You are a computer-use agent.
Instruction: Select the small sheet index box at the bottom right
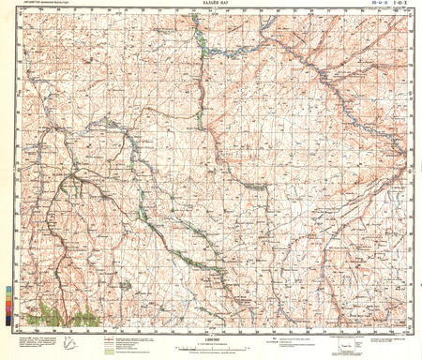pos(343,344)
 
